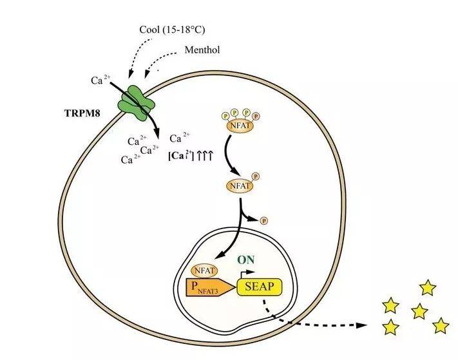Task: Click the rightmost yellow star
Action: [x=441, y=326]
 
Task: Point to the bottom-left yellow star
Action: [x=390, y=328]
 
